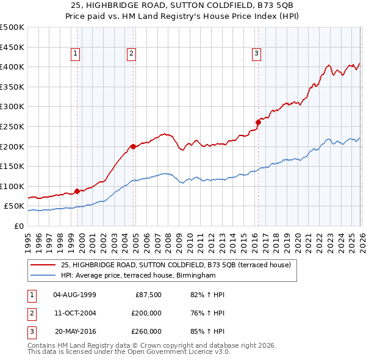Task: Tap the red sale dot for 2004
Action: tap(132, 146)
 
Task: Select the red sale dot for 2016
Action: tap(257, 122)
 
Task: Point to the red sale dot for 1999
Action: tap(77, 191)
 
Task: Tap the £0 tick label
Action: tap(18, 226)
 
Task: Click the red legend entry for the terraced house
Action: tap(177, 265)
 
